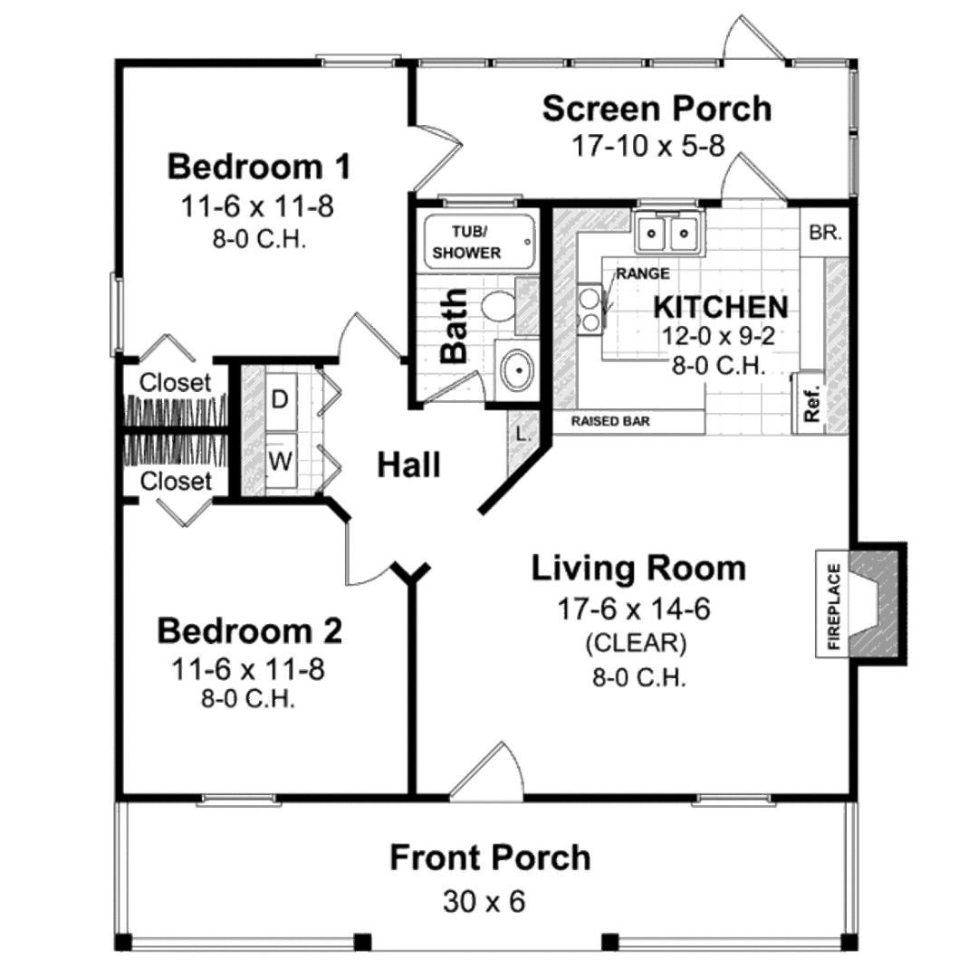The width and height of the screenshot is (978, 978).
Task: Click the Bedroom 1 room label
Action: click(x=259, y=168)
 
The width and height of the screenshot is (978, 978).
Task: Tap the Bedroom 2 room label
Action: click(x=250, y=630)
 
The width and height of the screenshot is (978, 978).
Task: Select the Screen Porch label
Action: click(x=657, y=109)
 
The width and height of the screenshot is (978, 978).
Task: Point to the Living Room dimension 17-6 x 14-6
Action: click(x=634, y=609)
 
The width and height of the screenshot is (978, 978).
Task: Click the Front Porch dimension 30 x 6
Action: click(x=484, y=901)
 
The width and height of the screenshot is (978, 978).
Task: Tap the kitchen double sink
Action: click(x=668, y=233)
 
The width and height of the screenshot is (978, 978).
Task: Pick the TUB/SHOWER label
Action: click(x=468, y=242)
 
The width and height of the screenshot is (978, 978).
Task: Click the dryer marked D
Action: click(x=280, y=399)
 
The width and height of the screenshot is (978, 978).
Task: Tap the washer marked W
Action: click(x=281, y=462)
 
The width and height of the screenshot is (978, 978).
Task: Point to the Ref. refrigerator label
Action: click(x=811, y=404)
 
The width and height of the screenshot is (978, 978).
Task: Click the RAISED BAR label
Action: click(x=610, y=422)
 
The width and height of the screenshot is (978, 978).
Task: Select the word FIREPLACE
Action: click(x=834, y=606)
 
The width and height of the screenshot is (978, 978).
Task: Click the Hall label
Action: click(x=409, y=465)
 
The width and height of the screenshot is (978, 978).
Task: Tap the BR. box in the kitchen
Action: click(x=825, y=232)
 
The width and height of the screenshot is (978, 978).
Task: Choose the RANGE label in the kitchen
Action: click(x=643, y=273)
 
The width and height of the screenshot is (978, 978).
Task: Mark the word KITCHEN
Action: click(x=721, y=308)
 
